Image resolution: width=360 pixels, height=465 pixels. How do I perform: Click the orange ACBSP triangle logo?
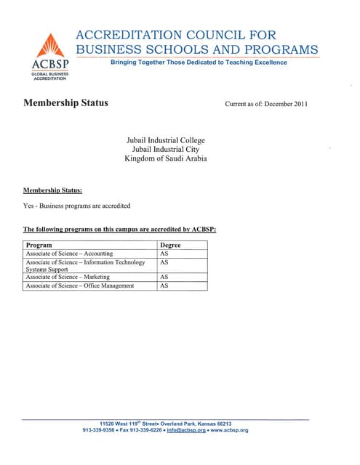(x=50, y=46)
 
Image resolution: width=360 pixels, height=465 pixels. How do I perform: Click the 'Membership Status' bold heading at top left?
(x=65, y=102)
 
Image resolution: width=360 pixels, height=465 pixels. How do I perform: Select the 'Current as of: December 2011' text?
(x=266, y=104)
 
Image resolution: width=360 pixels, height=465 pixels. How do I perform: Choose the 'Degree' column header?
(x=170, y=246)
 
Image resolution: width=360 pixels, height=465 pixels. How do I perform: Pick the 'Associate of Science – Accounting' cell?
(x=70, y=254)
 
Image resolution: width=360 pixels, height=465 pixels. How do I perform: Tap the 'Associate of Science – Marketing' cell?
(x=68, y=277)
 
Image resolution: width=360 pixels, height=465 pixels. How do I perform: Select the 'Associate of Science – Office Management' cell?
(x=80, y=286)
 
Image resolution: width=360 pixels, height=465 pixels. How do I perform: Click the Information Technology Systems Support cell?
(x=85, y=265)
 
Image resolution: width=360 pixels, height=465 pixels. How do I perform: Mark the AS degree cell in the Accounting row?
(x=164, y=254)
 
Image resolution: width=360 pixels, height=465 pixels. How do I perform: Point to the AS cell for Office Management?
(x=164, y=286)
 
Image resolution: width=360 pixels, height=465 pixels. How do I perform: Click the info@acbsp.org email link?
(x=186, y=431)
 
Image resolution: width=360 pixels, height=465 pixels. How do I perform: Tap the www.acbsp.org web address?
(x=229, y=431)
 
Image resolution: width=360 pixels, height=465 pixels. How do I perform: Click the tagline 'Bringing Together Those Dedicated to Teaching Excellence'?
(x=199, y=62)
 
